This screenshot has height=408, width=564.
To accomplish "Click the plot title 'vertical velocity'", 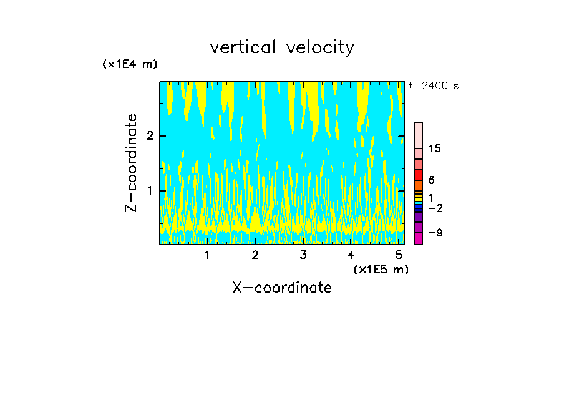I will [282, 47].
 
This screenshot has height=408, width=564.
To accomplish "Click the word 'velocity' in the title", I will [318, 47].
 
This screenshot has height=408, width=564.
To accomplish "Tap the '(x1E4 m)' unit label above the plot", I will [130, 64].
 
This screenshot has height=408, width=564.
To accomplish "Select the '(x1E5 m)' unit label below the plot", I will [381, 269].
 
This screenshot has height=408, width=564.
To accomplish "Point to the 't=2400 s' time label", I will [434, 86].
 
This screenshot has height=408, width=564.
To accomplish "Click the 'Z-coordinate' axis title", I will [131, 163].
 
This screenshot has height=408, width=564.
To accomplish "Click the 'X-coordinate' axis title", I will [282, 288].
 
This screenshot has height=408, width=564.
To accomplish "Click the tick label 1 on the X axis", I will [208, 255].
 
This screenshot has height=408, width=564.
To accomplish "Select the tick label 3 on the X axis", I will [303, 255].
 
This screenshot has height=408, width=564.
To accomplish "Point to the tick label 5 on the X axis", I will [398, 255].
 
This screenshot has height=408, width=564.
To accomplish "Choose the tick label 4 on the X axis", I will [351, 255].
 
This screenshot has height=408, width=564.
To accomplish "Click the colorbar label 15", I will [435, 148].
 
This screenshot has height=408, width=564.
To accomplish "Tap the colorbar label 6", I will [431, 180].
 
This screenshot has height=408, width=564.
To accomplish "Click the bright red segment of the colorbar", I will [418, 175].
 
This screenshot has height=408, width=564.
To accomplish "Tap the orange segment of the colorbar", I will [418, 185].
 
